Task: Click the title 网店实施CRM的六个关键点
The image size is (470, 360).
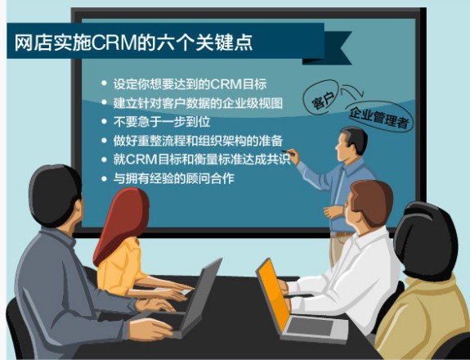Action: (x=133, y=43)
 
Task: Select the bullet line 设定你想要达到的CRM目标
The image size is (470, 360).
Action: (x=190, y=84)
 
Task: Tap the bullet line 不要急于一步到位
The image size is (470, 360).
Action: (x=162, y=122)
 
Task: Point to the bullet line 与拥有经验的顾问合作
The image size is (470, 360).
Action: (x=173, y=178)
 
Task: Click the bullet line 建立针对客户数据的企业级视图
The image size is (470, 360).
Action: (x=198, y=103)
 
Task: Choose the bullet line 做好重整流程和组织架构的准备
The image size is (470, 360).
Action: (x=198, y=141)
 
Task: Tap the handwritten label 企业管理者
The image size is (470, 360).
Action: (x=379, y=117)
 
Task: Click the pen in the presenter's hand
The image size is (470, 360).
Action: (x=289, y=152)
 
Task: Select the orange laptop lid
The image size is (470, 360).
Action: (x=272, y=295)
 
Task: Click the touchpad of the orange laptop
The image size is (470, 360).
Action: (x=310, y=326)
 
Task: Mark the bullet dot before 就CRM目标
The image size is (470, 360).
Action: (x=104, y=160)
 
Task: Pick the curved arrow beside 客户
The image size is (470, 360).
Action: (x=352, y=91)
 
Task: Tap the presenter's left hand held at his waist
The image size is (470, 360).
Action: (x=332, y=212)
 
